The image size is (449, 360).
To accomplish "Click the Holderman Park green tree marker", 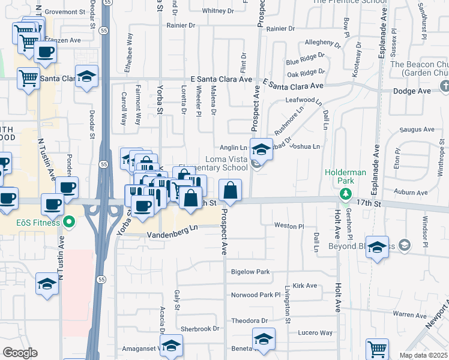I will point(345,193).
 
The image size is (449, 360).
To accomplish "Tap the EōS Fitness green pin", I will point(70,223).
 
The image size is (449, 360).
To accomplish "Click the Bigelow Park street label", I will point(250,272).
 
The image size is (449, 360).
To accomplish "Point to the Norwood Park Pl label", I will point(256,295).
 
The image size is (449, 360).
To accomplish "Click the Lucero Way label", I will point(318,332).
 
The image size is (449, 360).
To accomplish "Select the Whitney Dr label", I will point(217,11).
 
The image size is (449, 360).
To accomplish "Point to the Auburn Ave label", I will point(411,192).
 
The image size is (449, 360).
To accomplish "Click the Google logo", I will point(20,353).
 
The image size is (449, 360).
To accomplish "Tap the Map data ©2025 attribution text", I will point(424,355).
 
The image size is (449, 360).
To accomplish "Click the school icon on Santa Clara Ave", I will point(87,76).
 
